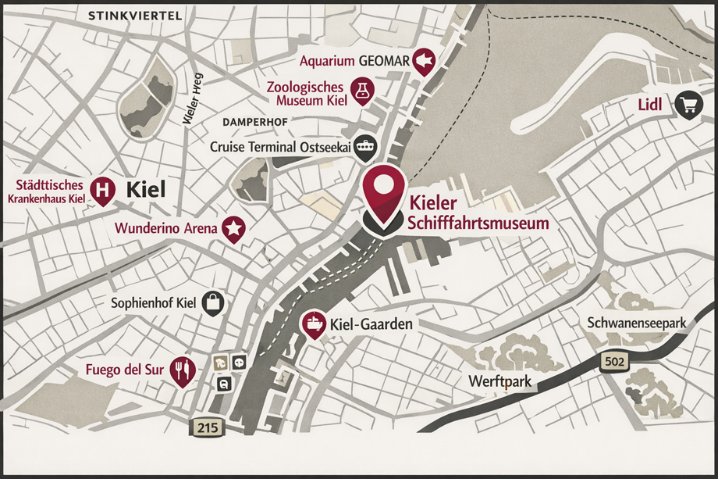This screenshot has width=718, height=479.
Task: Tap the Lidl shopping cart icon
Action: [x=688, y=105]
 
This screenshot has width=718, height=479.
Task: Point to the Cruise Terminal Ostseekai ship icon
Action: [x=364, y=145]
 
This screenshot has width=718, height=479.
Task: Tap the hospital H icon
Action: [x=102, y=189]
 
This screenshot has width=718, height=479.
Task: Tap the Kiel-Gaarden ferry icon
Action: [x=314, y=324]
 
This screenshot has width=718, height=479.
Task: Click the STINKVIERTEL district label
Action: [x=136, y=16]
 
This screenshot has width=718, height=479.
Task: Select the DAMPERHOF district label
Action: [x=255, y=123]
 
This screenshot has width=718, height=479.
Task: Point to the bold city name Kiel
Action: [x=147, y=188]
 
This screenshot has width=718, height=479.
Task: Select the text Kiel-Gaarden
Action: [x=371, y=324]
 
